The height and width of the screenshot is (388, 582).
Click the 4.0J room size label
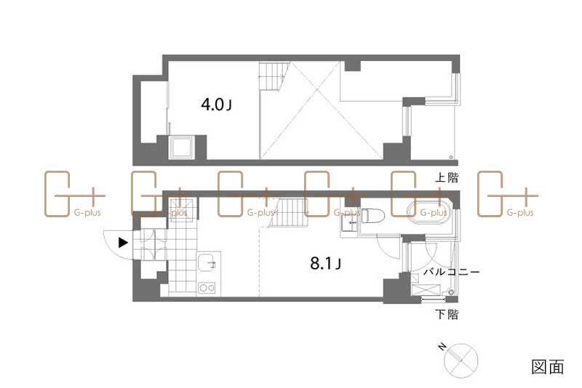tap(216, 105)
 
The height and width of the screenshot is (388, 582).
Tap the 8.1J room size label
tap(325, 264)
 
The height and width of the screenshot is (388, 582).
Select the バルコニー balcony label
tap(451, 272)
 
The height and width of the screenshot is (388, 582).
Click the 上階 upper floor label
tap(447, 177)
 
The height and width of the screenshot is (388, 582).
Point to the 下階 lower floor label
tap(447, 315)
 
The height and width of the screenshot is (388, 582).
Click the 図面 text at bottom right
tap(548, 367)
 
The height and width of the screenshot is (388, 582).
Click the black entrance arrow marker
tap(124, 243)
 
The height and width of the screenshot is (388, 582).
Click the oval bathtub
tap(430, 213)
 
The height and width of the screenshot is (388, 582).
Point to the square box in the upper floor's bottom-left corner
tap(180, 148)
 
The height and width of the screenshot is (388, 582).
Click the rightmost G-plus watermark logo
tap(507, 195)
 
